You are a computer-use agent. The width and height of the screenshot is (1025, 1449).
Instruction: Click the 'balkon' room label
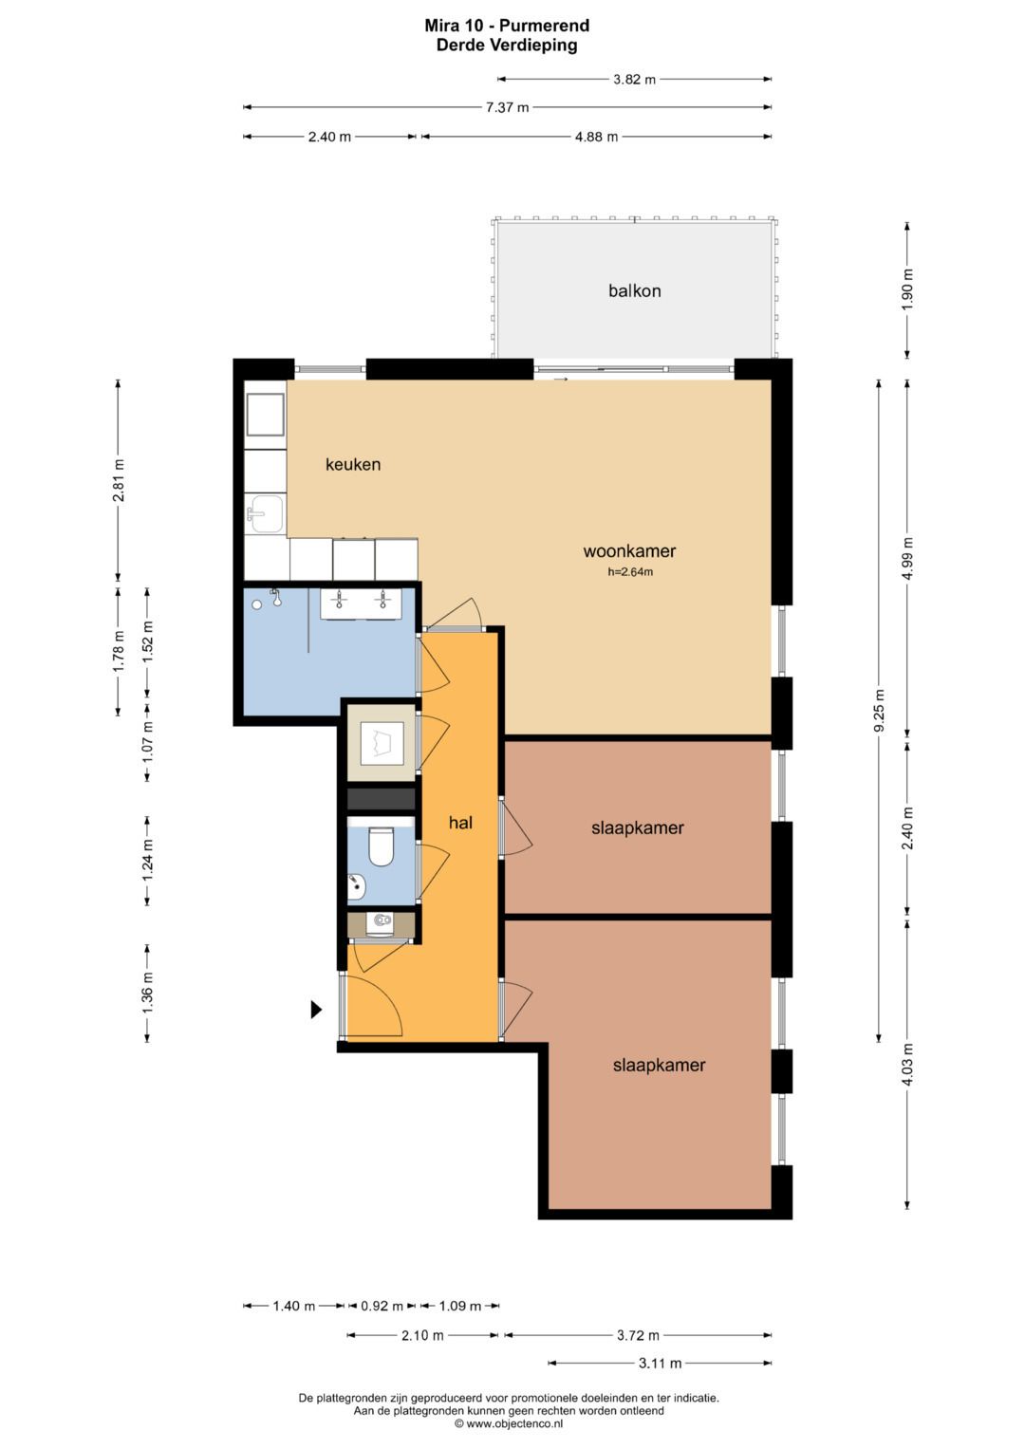pos(634,291)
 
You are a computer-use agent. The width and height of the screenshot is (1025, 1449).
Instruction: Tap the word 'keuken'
pos(353,464)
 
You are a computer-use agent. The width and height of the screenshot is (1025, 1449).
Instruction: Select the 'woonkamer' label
pos(629,551)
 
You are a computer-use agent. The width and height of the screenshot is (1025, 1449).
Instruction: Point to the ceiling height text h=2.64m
pos(629,572)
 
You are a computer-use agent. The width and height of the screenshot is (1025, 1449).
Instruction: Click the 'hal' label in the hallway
pos(460,823)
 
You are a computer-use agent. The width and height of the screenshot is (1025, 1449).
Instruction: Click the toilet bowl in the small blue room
pos(381,847)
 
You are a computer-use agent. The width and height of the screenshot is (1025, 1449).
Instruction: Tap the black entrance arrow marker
pos(316,1009)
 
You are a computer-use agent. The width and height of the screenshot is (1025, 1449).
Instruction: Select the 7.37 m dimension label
pos(508,108)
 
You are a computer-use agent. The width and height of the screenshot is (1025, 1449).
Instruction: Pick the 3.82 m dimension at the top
pos(634,80)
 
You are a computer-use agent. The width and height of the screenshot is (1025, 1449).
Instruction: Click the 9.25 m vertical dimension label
pos(879,712)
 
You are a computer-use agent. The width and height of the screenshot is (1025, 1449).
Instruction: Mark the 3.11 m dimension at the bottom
pos(660,1364)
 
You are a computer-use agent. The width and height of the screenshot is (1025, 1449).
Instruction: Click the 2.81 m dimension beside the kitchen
pos(119,480)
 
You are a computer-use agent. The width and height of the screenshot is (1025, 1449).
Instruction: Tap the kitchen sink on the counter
pos(268,514)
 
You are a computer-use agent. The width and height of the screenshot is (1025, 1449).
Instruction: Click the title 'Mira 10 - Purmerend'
pos(507,26)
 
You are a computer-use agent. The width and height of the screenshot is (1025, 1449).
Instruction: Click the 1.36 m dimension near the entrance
pos(147,993)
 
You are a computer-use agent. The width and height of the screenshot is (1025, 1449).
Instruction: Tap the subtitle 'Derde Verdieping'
pos(507,46)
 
